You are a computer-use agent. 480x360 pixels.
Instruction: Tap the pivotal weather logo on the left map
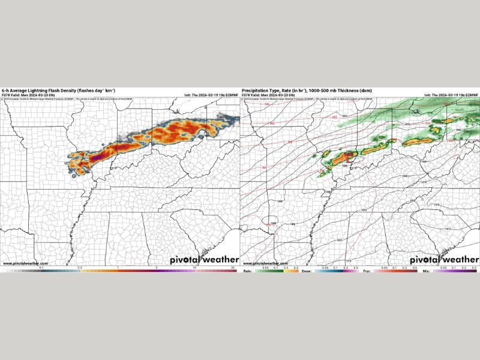[x=204, y=260]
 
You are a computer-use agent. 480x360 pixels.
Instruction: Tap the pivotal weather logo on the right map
[x=444, y=260]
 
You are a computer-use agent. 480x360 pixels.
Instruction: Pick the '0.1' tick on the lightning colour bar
[x=41, y=267]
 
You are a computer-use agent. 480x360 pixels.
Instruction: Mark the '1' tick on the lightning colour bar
[x=118, y=267]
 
